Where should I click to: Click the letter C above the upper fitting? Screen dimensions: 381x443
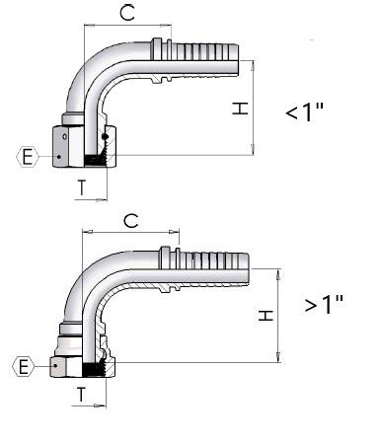tap(127, 13)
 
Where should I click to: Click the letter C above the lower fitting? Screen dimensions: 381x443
tap(131, 220)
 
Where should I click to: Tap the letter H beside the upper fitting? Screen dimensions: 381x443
tap(240, 109)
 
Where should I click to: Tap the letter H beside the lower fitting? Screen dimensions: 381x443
tap(266, 315)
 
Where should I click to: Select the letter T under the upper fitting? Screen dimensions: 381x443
tap(82, 187)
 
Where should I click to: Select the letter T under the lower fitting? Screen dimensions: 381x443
tap(81, 395)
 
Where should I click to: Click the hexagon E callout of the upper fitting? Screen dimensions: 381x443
tap(28, 157)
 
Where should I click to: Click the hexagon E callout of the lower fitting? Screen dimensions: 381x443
tap(24, 366)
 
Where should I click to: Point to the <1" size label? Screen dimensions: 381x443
tap(305, 111)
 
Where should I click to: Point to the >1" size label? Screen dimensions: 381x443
tap(324, 304)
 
